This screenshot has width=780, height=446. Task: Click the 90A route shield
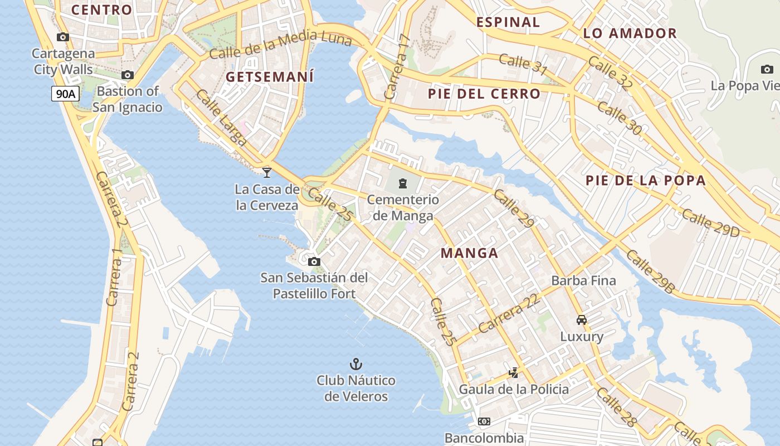click(65, 94)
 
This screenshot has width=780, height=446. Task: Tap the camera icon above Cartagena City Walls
click(63, 37)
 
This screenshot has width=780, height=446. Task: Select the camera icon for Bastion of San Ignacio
click(128, 75)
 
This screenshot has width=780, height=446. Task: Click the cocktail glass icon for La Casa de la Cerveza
click(267, 172)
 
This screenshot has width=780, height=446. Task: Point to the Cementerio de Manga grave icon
click(403, 183)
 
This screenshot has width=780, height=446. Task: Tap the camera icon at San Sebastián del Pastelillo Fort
click(314, 261)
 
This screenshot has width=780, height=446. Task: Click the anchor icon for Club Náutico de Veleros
click(355, 364)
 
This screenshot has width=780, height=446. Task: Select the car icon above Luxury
click(582, 320)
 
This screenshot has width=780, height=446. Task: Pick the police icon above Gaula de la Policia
click(514, 372)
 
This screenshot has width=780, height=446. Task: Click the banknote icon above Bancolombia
click(484, 421)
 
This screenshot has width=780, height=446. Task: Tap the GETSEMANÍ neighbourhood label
click(270, 77)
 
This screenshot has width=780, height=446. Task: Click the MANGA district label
click(469, 253)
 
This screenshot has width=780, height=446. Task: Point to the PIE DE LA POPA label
click(645, 181)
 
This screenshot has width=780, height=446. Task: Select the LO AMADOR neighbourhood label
click(630, 33)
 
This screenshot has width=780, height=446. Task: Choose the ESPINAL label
click(508, 22)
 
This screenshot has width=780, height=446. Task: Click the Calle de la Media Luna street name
click(281, 45)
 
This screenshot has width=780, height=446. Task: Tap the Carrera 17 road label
click(398, 67)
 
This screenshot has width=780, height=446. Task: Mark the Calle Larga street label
click(221, 118)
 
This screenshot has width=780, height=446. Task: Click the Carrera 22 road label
click(509, 314)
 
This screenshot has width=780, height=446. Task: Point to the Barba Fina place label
click(583, 280)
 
